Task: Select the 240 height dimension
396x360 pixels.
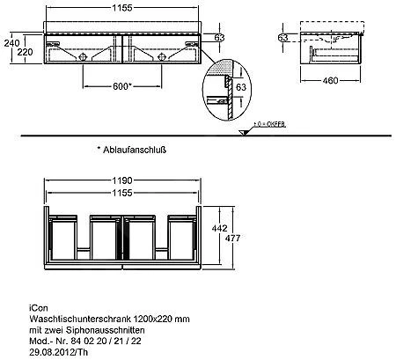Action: coord(11,40)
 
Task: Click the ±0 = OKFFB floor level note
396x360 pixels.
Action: coord(269,125)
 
